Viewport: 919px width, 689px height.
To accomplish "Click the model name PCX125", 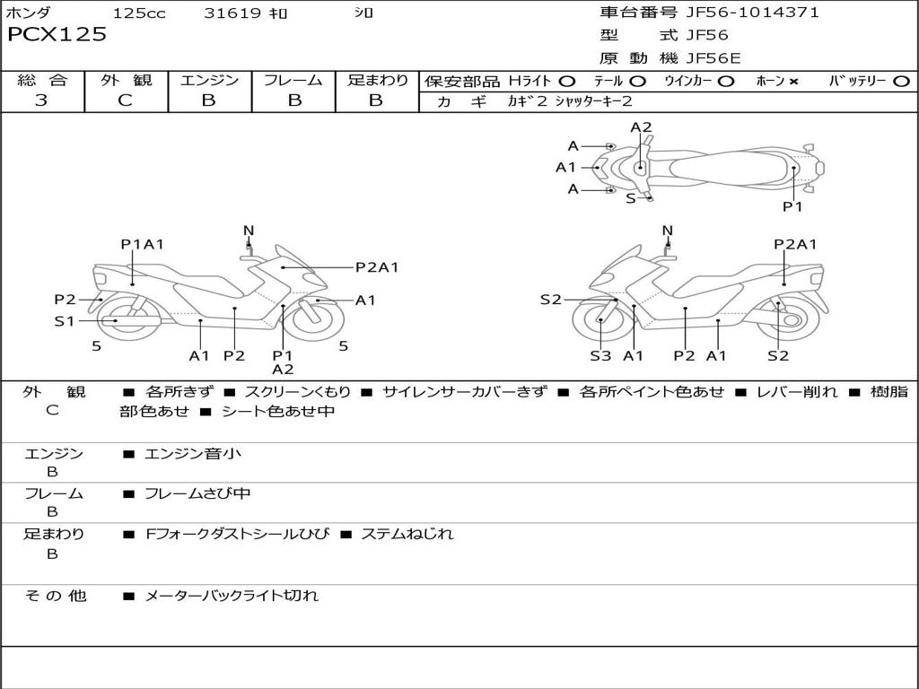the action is tap(57, 35).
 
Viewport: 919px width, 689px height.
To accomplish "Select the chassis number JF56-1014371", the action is tap(752, 13).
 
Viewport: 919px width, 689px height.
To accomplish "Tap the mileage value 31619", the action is tap(232, 13).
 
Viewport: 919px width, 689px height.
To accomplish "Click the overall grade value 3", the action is tap(41, 100).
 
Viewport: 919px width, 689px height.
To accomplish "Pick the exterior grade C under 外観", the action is tap(125, 100).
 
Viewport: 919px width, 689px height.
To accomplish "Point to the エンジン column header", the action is tap(209, 81).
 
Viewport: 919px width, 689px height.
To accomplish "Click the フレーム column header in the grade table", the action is tap(293, 81).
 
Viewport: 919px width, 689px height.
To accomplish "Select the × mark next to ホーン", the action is tap(793, 82).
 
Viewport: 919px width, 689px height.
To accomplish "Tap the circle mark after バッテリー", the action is tap(901, 82).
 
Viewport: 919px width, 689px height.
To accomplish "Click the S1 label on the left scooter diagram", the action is tap(64, 320).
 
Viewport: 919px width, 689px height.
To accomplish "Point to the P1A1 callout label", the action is tap(142, 244).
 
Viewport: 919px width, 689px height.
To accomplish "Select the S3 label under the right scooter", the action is tap(600, 356).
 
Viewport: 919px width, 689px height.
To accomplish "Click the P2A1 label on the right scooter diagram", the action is tap(795, 244).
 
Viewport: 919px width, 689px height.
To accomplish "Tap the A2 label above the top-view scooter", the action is tap(641, 127).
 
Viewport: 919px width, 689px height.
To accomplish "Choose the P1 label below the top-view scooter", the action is tap(792, 206).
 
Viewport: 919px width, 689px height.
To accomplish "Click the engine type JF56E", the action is tap(713, 58).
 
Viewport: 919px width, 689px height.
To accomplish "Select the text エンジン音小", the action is tap(193, 454).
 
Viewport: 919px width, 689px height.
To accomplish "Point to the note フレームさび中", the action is tap(197, 493).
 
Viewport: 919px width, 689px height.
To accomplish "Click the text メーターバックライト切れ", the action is tap(232, 595).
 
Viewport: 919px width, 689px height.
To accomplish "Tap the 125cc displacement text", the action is tap(133, 13).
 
